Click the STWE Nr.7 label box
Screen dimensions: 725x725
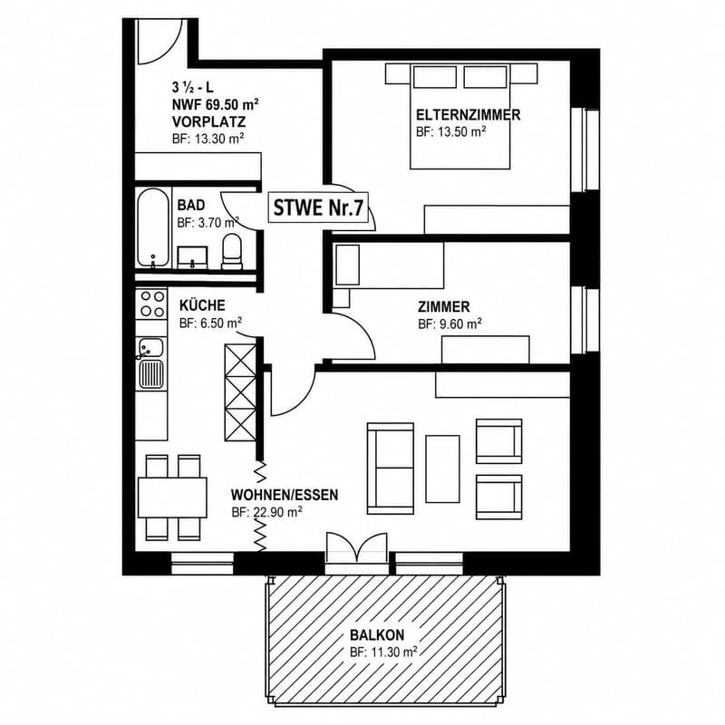[x=319, y=208]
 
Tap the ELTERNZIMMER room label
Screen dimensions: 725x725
[x=468, y=115]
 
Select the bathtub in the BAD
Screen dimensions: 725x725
[x=153, y=227]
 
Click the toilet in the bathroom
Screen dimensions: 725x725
[x=232, y=251]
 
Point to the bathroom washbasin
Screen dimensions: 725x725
[x=192, y=257]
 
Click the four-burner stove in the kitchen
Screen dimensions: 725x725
[x=151, y=304]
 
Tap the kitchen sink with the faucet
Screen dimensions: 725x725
[x=151, y=363]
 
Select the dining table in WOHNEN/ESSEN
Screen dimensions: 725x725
[x=172, y=498]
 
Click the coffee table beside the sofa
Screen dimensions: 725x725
[x=442, y=469]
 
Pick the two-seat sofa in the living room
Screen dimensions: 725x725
[x=391, y=468]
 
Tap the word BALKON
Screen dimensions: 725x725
[x=377, y=634]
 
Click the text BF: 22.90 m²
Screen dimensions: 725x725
[x=266, y=512]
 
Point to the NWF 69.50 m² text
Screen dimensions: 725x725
[x=215, y=104]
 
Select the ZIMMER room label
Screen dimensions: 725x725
[x=443, y=306]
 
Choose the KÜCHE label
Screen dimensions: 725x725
[x=202, y=305]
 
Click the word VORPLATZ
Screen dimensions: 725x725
[x=209, y=122]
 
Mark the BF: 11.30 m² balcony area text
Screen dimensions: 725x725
[x=383, y=652]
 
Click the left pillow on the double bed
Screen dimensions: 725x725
[x=435, y=77]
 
